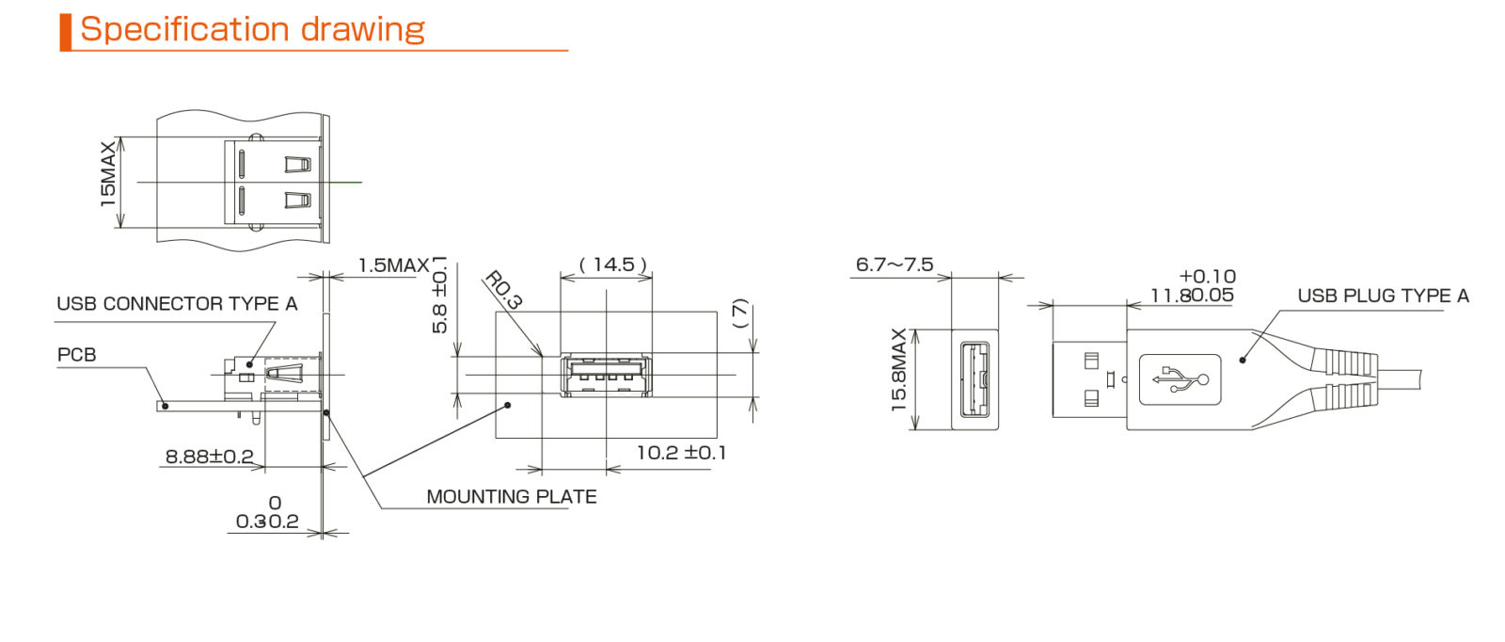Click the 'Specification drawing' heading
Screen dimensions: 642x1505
click(252, 29)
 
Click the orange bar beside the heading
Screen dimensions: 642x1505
click(65, 32)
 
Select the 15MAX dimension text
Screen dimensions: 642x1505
click(108, 173)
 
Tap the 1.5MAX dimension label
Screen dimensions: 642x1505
click(392, 265)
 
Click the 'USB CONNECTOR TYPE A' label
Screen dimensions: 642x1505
click(177, 304)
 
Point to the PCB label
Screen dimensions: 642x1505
click(76, 355)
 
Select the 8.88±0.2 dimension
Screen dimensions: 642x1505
click(209, 457)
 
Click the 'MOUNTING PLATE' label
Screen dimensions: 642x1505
click(511, 497)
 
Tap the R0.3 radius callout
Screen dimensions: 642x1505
click(503, 290)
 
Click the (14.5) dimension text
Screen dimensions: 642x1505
click(613, 265)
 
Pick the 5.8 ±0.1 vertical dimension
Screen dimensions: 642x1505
click(439, 296)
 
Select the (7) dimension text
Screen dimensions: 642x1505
click(740, 313)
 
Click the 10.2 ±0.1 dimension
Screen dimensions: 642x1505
click(680, 453)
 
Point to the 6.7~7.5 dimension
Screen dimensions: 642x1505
click(894, 265)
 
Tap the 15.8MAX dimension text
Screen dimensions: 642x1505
click(898, 370)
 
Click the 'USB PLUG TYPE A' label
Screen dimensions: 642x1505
click(1382, 296)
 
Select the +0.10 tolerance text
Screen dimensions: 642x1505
click(1207, 277)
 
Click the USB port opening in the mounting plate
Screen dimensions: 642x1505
click(606, 376)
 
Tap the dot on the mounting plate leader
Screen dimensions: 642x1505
click(508, 405)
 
